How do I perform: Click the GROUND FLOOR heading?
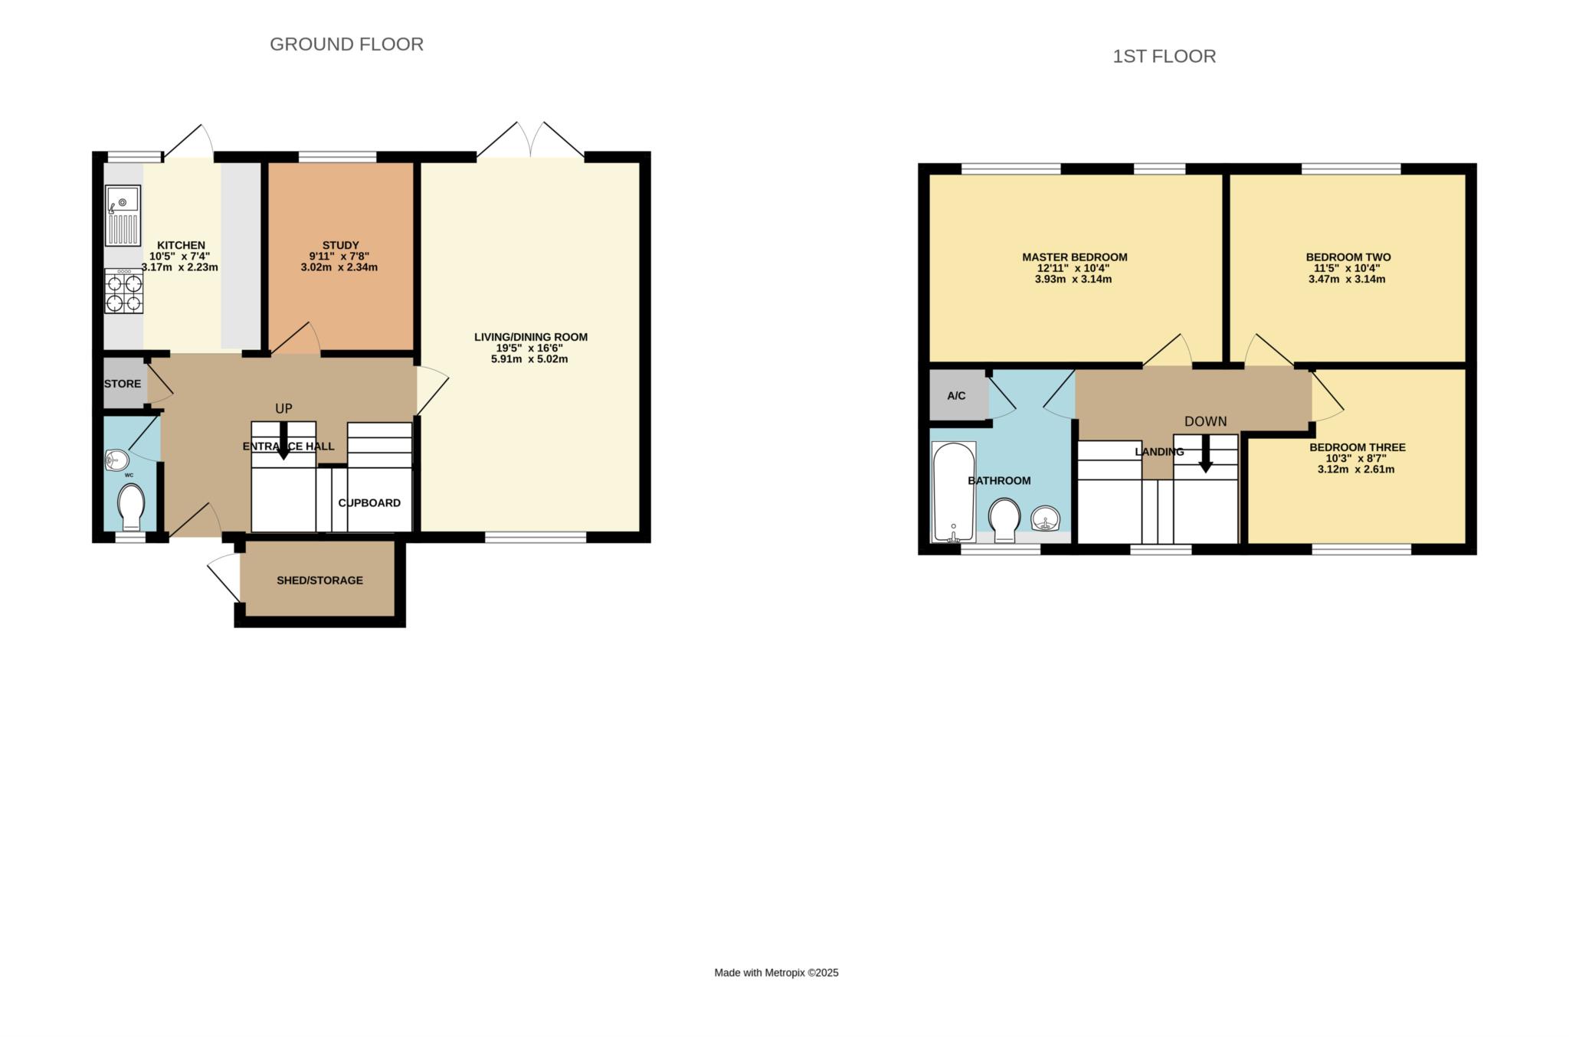(x=346, y=44)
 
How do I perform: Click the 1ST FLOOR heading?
(x=1164, y=57)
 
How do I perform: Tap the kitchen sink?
(x=123, y=215)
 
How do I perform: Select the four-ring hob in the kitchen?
(x=124, y=291)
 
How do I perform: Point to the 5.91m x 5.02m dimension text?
(x=530, y=358)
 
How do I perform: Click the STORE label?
(x=123, y=384)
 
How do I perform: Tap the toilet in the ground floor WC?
(x=131, y=505)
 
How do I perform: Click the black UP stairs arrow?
(x=283, y=441)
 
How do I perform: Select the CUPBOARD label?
(x=369, y=503)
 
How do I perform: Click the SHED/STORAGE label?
(x=319, y=581)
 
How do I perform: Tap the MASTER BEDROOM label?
(x=1074, y=257)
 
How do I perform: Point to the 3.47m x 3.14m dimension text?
(x=1347, y=280)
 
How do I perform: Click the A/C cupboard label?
(x=956, y=396)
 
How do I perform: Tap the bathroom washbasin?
(x=1046, y=518)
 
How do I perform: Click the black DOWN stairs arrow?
(x=1205, y=454)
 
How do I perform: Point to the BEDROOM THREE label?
(x=1357, y=447)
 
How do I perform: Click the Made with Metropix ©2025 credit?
(x=776, y=973)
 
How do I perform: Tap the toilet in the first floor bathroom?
(x=1004, y=520)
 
